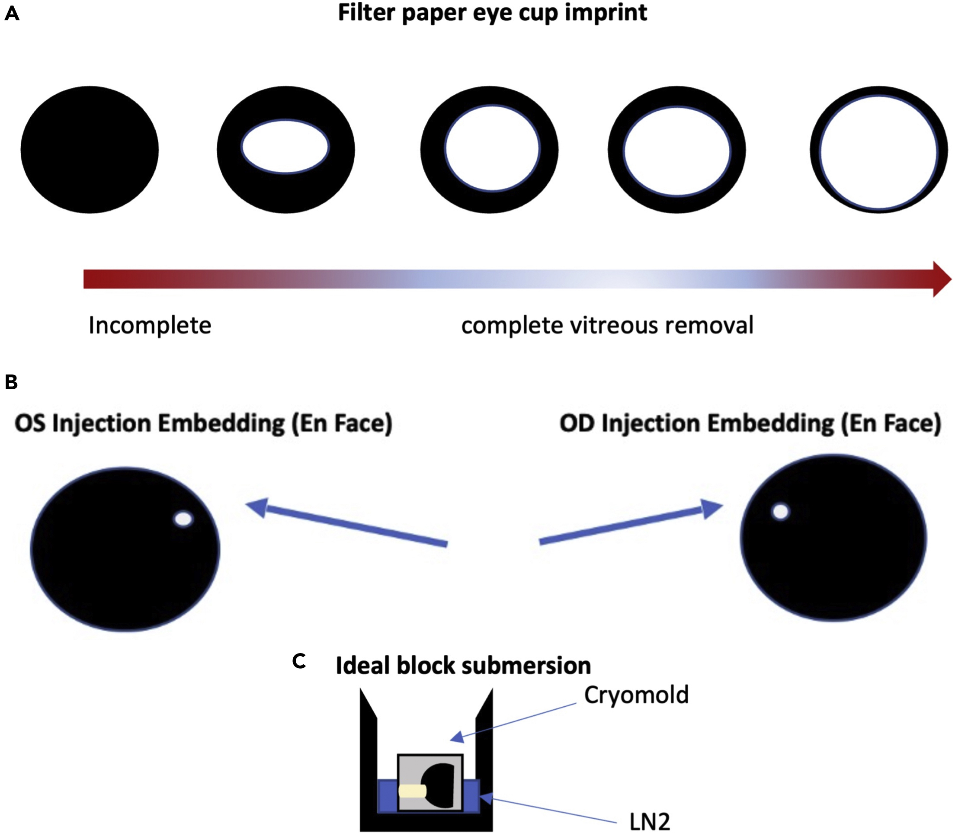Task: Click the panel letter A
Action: pyautogui.click(x=12, y=14)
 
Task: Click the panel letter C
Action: pyautogui.click(x=299, y=661)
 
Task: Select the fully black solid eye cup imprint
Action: pyautogui.click(x=89, y=150)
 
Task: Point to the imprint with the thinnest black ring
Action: pyautogui.click(x=878, y=150)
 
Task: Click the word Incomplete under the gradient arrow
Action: pyautogui.click(x=150, y=325)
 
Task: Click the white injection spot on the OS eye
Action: pyautogui.click(x=184, y=519)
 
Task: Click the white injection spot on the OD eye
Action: pyautogui.click(x=781, y=512)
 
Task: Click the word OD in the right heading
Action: pyautogui.click(x=577, y=423)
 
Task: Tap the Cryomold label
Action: pyautogui.click(x=636, y=695)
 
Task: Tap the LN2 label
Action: pyautogui.click(x=650, y=822)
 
